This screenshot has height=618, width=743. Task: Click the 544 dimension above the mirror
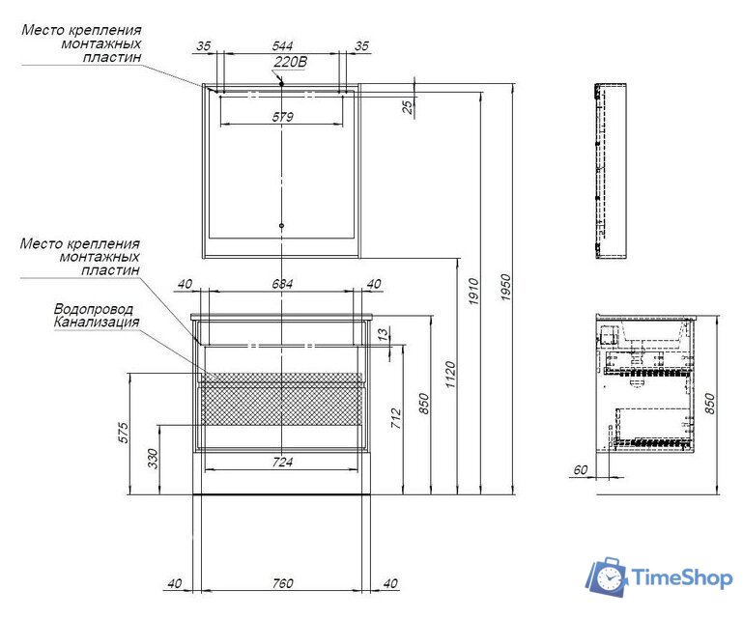pos(283,45)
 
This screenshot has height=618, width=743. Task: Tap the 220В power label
pos(290,63)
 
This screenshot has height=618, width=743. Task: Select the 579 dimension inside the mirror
pos(282,117)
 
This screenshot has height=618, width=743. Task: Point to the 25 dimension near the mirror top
pos(408,106)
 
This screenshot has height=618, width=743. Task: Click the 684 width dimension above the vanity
pos(282,283)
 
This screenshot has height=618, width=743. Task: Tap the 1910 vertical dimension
pos(473,293)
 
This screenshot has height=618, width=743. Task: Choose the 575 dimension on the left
pos(125,433)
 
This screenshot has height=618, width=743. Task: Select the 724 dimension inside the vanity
pos(281,462)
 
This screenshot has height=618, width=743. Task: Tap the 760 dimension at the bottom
pos(281,583)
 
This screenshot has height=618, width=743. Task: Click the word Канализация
pos(97,323)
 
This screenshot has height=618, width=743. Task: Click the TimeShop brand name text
pos(681,578)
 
